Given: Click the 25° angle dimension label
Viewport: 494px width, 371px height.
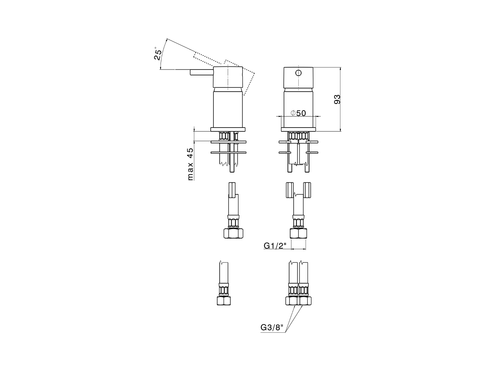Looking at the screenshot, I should [x=157, y=54].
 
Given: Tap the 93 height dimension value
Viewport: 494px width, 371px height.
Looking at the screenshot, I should [x=337, y=100].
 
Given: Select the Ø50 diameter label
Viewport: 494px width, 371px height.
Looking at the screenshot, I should [x=298, y=113].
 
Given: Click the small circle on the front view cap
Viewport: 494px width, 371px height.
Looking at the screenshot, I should [x=298, y=73].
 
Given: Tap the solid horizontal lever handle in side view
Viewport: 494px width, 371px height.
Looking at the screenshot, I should [x=201, y=72].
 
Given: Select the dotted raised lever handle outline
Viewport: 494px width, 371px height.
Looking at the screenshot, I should [x=208, y=58].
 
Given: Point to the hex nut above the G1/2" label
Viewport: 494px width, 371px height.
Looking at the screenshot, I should [x=298, y=233].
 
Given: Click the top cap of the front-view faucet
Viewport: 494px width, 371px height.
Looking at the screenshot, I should [x=298, y=79].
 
